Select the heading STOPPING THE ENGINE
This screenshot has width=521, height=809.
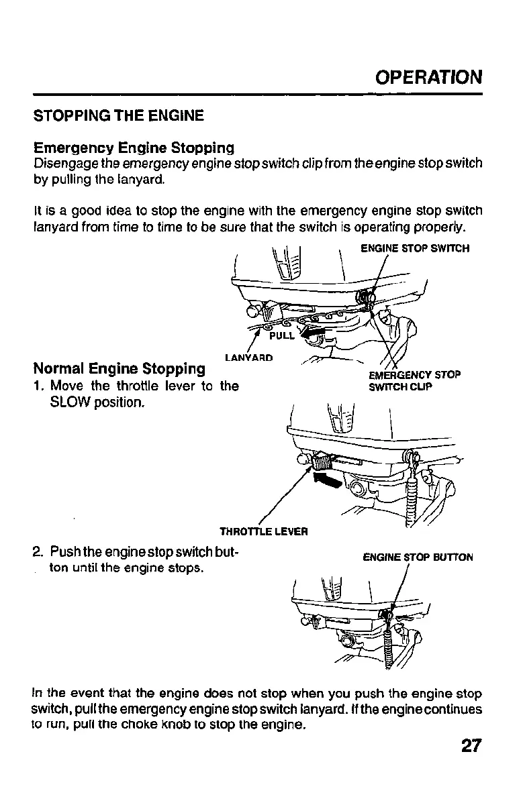point(118,115)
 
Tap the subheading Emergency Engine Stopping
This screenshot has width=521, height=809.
point(134,147)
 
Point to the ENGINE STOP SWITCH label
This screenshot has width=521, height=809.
point(414,248)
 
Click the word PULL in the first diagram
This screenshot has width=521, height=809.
point(282,335)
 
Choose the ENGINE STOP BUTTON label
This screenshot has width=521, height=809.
point(418,557)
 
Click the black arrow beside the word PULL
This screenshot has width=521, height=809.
point(313,333)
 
